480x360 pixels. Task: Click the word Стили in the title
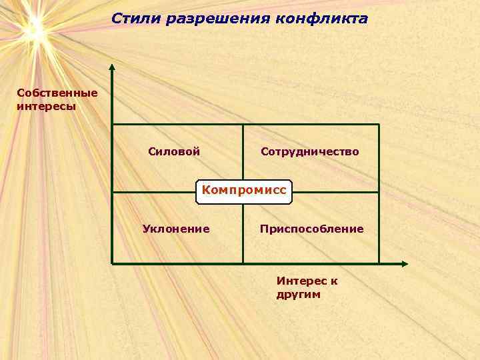pyautogui.click(x=133, y=18)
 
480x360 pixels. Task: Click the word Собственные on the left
pyautogui.click(x=57, y=93)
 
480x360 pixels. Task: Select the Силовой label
pyautogui.click(x=174, y=152)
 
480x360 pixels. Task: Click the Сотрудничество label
pyautogui.click(x=310, y=152)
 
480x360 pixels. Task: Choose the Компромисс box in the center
pyautogui.click(x=244, y=191)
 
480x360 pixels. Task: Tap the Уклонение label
pyautogui.click(x=176, y=229)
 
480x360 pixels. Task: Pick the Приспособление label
pyautogui.click(x=312, y=229)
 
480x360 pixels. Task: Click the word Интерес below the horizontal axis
pyautogui.click(x=301, y=281)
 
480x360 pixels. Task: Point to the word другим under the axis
pyautogui.click(x=299, y=294)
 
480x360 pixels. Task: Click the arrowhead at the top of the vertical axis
pyautogui.click(x=112, y=67)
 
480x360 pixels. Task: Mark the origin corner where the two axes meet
pyautogui.click(x=112, y=263)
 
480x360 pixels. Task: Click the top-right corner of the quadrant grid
pyautogui.click(x=379, y=125)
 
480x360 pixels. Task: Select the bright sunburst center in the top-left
pyautogui.click(x=33, y=28)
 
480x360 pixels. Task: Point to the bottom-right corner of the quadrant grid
pyautogui.click(x=379, y=263)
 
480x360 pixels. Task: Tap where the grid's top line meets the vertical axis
pyautogui.click(x=112, y=125)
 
